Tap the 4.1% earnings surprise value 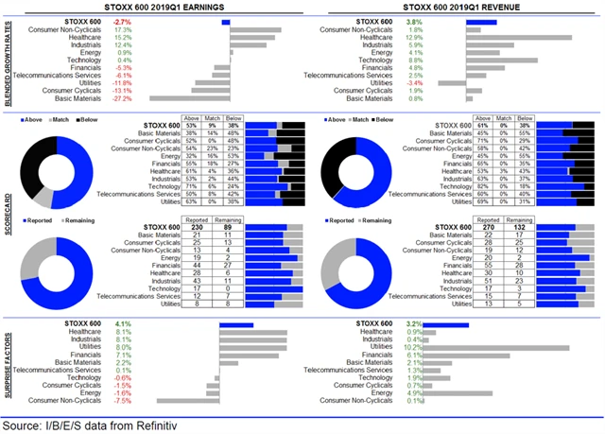[x=121, y=324]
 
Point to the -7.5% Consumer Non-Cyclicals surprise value [x=121, y=400]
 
